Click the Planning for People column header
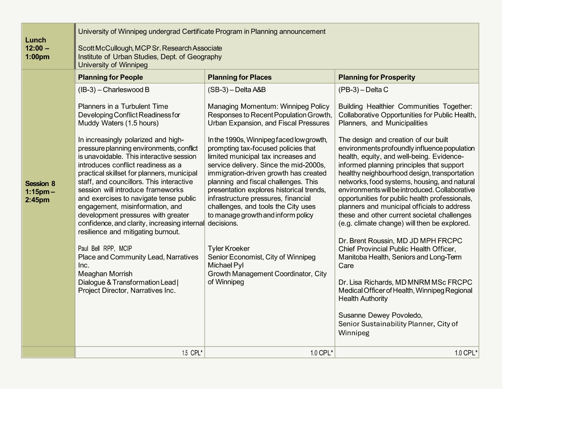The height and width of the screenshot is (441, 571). click(x=110, y=77)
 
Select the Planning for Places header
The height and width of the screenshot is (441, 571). click(x=239, y=77)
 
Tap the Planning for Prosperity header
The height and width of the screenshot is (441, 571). click(x=377, y=77)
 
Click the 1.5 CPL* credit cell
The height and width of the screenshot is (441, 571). click(x=192, y=353)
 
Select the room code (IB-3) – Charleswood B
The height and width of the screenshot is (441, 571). click(x=114, y=90)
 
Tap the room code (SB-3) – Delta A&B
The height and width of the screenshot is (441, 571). click(x=237, y=90)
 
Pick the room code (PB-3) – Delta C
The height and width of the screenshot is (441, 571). click(x=363, y=90)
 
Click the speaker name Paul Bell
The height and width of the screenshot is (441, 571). click(x=89, y=248)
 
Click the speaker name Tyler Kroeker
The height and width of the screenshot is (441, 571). click(x=228, y=248)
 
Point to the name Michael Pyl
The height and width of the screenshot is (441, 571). click(x=225, y=265)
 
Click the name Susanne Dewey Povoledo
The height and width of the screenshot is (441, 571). click(x=380, y=315)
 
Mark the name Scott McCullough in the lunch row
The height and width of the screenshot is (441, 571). click(x=105, y=48)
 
